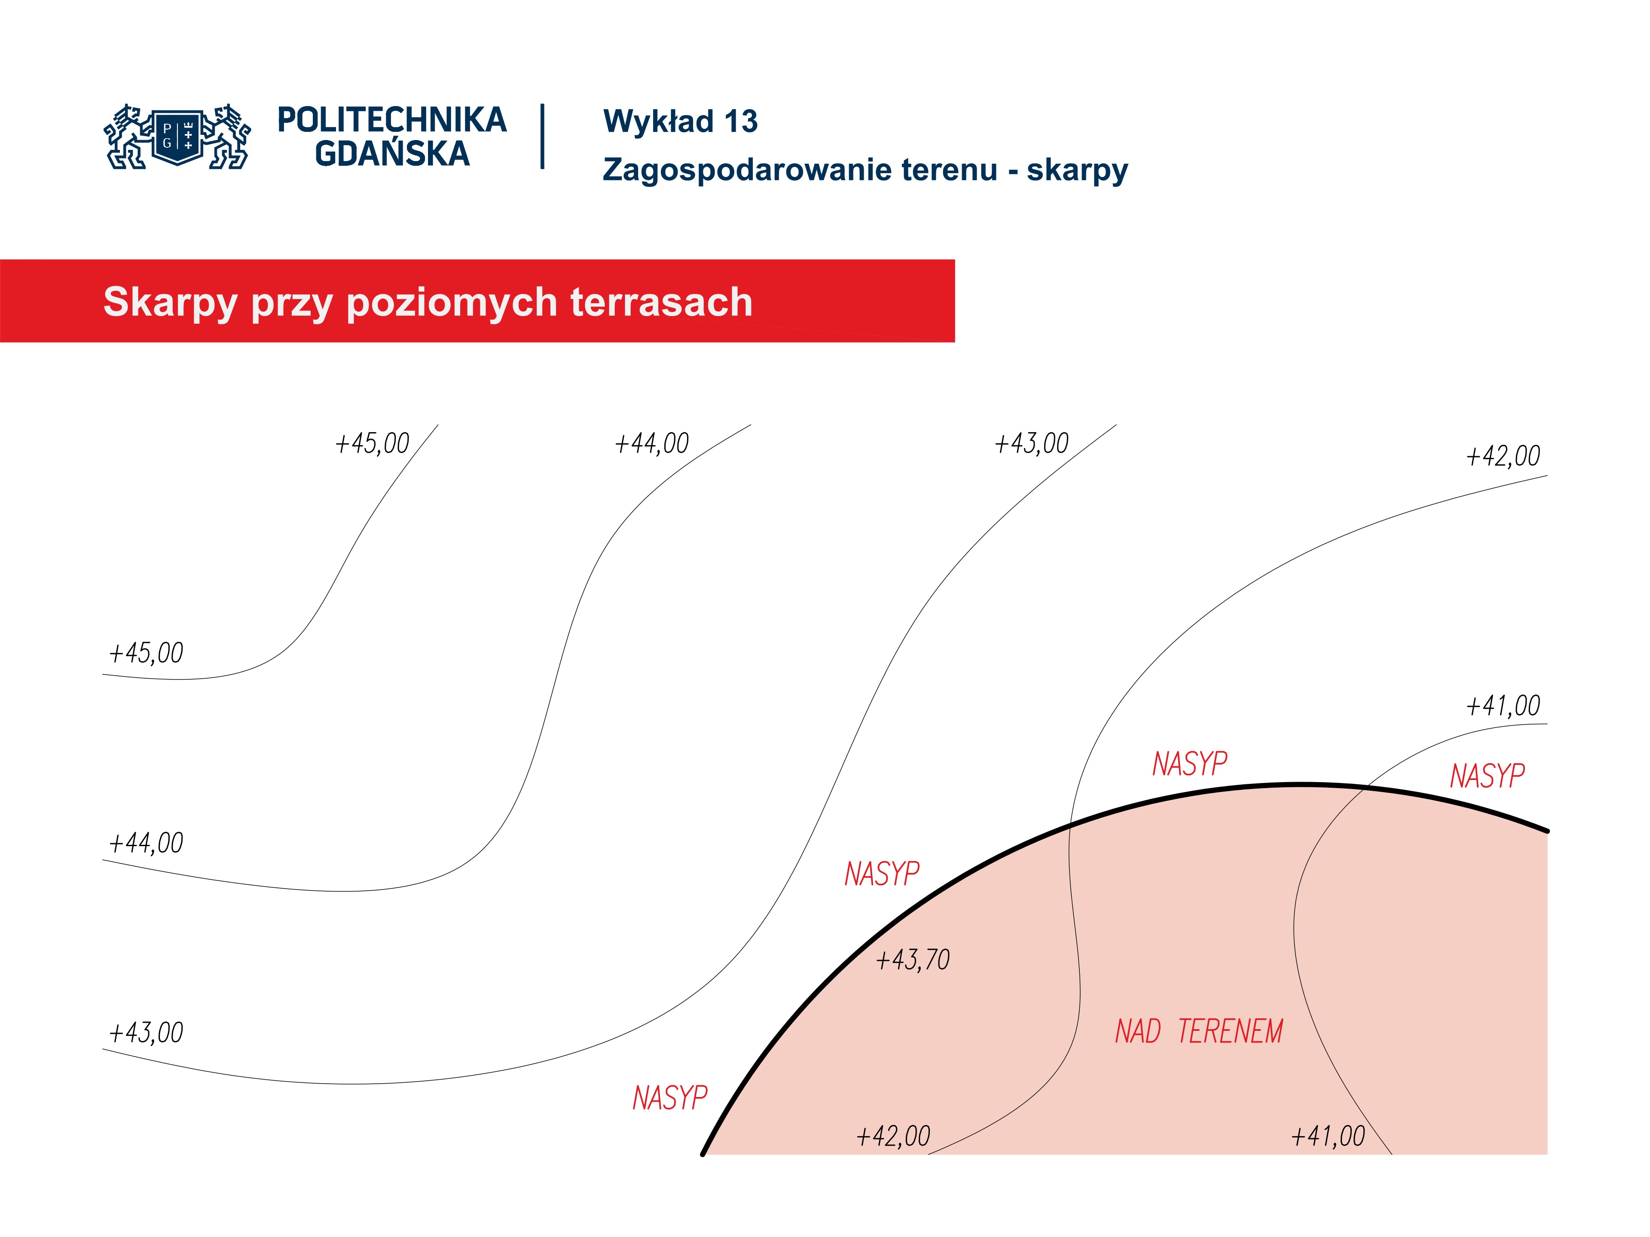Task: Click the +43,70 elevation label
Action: tap(912, 960)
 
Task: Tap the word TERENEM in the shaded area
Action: tap(1230, 1031)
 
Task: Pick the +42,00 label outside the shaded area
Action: tap(1503, 456)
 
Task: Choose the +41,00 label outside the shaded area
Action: tap(1503, 705)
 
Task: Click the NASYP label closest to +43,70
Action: tap(882, 873)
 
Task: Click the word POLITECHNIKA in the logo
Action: tap(391, 120)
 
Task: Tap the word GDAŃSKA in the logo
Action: tap(391, 154)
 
